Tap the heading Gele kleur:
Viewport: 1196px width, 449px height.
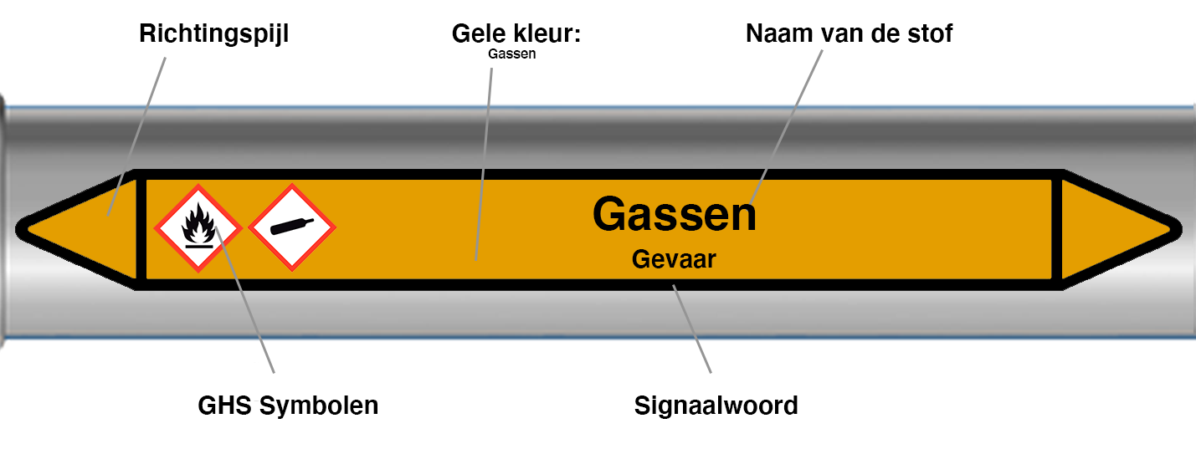point(516,34)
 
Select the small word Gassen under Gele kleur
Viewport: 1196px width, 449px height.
point(511,54)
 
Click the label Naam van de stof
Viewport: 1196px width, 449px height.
point(849,34)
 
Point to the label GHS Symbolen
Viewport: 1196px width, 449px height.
point(288,406)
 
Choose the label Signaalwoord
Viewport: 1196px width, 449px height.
point(716,406)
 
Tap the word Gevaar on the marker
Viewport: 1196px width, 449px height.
point(674,259)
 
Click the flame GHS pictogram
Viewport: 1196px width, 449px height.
point(199,227)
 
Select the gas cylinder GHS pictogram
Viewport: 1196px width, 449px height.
point(292,227)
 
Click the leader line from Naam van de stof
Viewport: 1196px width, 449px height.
point(787,125)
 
